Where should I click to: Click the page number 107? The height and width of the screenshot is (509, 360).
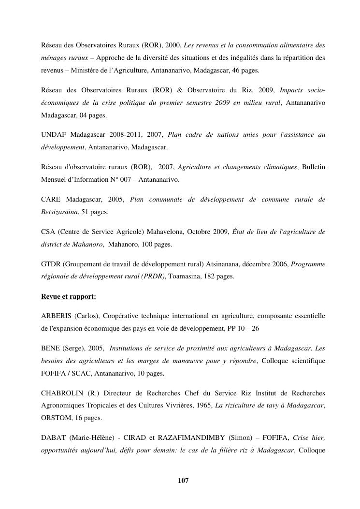pos(183,480)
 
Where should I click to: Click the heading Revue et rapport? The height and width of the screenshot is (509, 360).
pos(69,297)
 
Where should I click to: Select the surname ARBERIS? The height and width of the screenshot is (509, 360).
pos(57,316)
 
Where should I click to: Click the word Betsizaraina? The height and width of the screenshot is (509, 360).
pos(59,212)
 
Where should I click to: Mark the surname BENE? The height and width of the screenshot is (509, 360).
pos(51,348)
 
